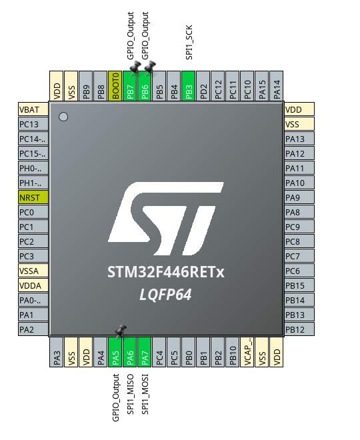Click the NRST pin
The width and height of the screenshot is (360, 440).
click(33, 197)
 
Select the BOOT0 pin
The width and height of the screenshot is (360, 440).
click(115, 85)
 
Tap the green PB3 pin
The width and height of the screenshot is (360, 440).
click(189, 85)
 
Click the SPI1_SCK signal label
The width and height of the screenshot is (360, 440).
click(189, 43)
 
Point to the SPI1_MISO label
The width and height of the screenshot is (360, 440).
click(131, 394)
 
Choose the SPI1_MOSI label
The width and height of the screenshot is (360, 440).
click(145, 394)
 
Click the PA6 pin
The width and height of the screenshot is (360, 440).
click(130, 352)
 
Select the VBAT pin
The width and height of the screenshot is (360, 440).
click(33, 109)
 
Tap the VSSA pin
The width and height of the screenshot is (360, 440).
click(33, 271)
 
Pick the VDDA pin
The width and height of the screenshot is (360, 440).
click(33, 285)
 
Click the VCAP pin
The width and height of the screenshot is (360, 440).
click(247, 352)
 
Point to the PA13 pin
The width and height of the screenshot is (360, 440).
click(299, 139)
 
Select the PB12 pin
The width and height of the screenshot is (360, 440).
click(299, 329)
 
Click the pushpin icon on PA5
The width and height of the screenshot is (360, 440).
click(121, 331)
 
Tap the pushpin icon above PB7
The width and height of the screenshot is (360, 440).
click(135, 67)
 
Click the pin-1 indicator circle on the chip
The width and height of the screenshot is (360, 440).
click(63, 117)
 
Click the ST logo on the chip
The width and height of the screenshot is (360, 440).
click(166, 219)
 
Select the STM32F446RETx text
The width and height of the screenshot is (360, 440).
click(166, 272)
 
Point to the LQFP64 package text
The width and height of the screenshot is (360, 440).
click(166, 295)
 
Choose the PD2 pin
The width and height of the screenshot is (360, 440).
click(203, 85)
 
